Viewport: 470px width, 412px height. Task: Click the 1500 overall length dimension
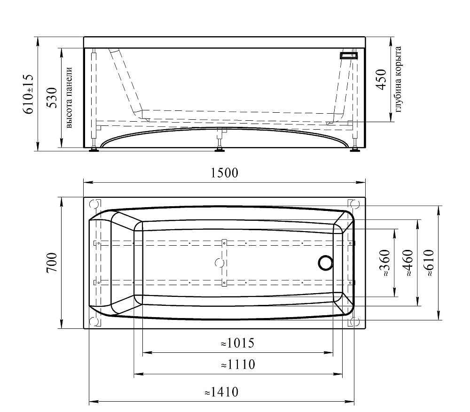pos(224,173)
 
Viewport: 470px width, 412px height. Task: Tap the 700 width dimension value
pos(52,263)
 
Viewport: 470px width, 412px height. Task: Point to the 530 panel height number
pos(52,98)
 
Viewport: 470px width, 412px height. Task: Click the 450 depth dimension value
pos(381,79)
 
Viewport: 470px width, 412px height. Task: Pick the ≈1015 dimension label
pos(238,343)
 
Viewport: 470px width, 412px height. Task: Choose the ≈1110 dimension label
pos(238,365)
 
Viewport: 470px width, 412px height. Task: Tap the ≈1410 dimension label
pos(221,392)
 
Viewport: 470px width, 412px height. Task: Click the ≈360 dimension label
pos(385,263)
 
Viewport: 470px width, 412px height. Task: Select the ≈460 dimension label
pos(408,263)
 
